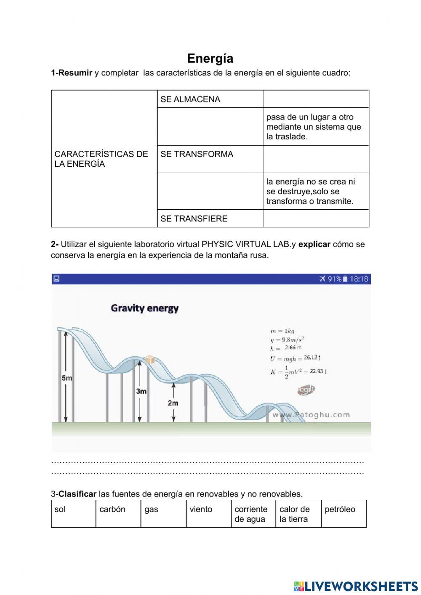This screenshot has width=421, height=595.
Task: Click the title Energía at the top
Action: pos(210,58)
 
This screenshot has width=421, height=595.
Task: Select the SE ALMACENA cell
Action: pos(210,99)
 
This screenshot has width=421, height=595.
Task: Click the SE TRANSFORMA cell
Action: pos(210,159)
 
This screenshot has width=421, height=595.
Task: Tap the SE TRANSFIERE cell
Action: pos(210,219)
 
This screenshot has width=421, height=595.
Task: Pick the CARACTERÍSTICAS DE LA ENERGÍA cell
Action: pos(104,159)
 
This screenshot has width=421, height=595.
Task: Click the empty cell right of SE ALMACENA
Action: pos(316,99)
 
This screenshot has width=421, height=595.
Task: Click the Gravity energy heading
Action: pos(145,308)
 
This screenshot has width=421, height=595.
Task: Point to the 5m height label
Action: pos(67,378)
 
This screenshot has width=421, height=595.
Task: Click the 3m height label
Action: pos(141,391)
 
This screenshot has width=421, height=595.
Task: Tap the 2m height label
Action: pos(173,403)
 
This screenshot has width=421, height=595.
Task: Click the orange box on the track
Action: pos(149,360)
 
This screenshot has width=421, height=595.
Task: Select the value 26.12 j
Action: pos(312,358)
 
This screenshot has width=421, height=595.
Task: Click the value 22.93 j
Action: pos(318,371)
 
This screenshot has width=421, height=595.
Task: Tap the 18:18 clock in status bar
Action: pos(359,279)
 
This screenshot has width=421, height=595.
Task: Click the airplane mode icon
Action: pos(322,279)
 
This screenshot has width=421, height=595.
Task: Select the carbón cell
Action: pos(118,513)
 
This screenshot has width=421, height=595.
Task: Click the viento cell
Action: pos(208,513)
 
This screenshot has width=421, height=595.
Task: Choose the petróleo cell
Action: pos(343,513)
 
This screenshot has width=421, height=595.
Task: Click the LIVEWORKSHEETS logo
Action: pos(356,586)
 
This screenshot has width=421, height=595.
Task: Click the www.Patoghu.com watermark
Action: pos(311,415)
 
